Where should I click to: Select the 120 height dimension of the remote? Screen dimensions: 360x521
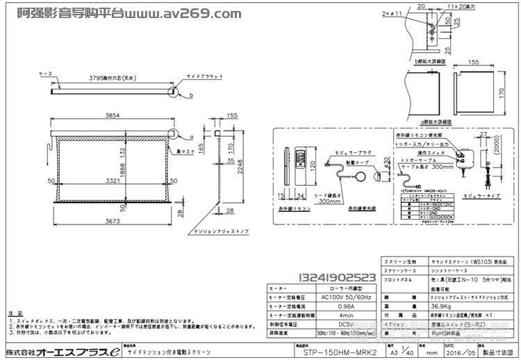[x=314, y=164]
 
